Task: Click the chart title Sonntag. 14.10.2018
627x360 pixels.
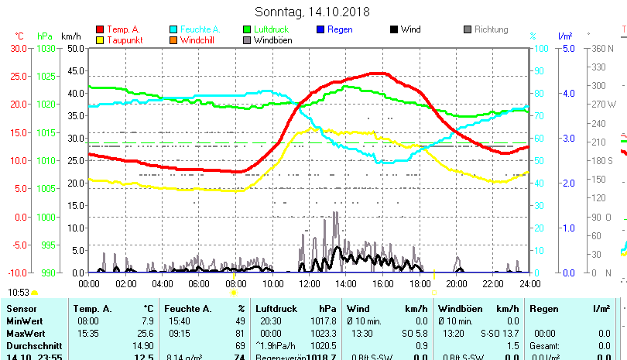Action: click(313, 12)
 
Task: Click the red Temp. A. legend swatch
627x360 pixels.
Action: click(100, 29)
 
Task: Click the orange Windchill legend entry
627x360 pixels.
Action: click(197, 40)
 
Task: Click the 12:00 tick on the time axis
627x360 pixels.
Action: click(310, 284)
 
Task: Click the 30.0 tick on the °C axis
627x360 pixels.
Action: click(19, 48)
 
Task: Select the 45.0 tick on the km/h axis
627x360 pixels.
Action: click(74, 70)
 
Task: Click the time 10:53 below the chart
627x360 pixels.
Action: click(19, 292)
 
